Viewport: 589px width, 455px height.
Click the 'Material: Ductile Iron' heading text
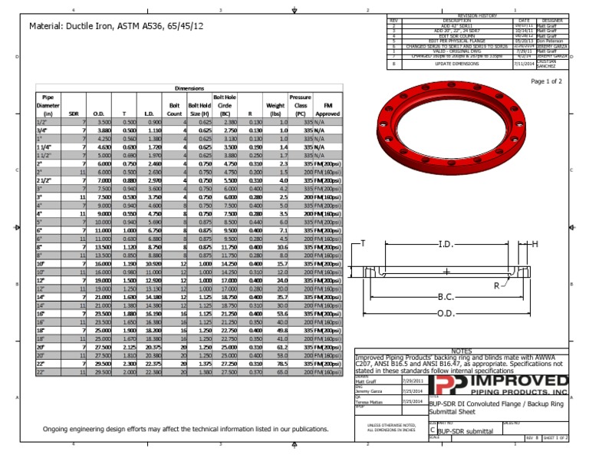[116, 26]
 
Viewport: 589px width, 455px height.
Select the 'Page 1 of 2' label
[546, 81]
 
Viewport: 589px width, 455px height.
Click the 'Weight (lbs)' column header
[275, 106]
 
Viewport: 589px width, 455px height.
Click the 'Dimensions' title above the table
[189, 88]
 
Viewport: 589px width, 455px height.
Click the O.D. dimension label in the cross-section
[446, 314]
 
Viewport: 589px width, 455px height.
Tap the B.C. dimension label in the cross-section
[446, 296]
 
